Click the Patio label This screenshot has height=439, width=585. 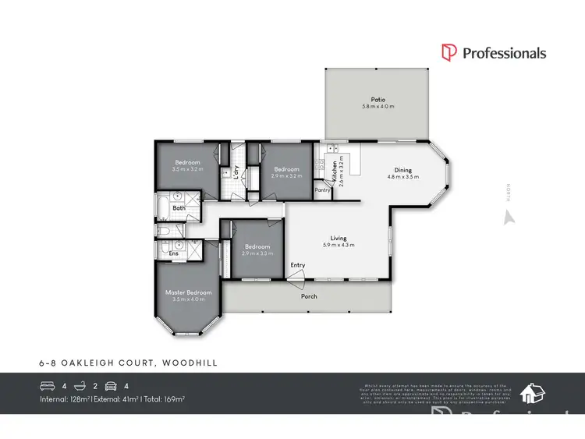pyautogui.click(x=378, y=100)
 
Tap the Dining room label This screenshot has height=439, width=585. pyautogui.click(x=403, y=171)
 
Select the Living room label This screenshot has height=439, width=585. pyautogui.click(x=338, y=239)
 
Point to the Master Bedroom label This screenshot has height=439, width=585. pyautogui.click(x=188, y=292)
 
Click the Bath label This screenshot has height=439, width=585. pyautogui.click(x=179, y=208)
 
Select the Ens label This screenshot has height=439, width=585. pyautogui.click(x=173, y=253)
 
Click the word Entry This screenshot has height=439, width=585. pyautogui.click(x=298, y=265)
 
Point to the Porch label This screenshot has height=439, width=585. pyautogui.click(x=310, y=296)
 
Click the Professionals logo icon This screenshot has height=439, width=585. pyautogui.click(x=448, y=53)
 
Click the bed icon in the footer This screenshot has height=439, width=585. pyautogui.click(x=47, y=385)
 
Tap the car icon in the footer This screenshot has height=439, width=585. pyautogui.click(x=112, y=385)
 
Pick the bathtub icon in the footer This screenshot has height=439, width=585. pyautogui.click(x=79, y=385)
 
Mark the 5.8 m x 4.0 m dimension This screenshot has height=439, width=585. pyautogui.click(x=378, y=107)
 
